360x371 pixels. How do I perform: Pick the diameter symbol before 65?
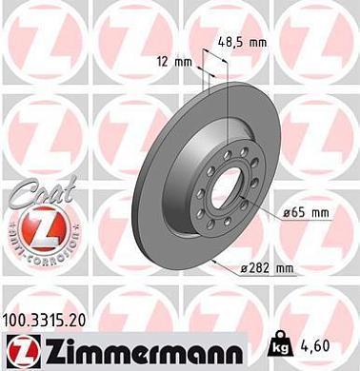tap(286, 215)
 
